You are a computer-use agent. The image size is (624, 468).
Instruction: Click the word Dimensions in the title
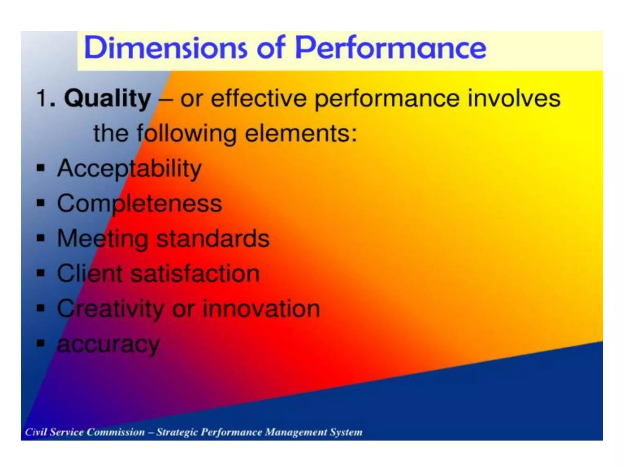point(165,48)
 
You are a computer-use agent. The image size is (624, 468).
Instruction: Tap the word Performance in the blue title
point(391,48)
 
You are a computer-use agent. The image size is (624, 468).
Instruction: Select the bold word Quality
point(108,98)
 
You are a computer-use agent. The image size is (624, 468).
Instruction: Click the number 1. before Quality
point(46,98)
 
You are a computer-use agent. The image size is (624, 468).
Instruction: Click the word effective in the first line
point(259,98)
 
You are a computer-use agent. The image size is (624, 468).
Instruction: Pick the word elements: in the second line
point(301,133)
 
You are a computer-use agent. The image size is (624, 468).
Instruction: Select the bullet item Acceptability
point(129,168)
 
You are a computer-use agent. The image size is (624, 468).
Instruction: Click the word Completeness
point(140,203)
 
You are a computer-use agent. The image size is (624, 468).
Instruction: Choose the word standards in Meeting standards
point(213,238)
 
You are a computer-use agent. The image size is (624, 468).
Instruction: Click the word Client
point(90,273)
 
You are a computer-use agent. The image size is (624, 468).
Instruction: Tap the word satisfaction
point(195,273)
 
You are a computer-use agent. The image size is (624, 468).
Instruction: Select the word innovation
point(261,308)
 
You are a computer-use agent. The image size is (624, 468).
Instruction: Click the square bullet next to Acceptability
point(41,168)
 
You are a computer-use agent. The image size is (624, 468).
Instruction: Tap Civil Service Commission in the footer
point(85,432)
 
